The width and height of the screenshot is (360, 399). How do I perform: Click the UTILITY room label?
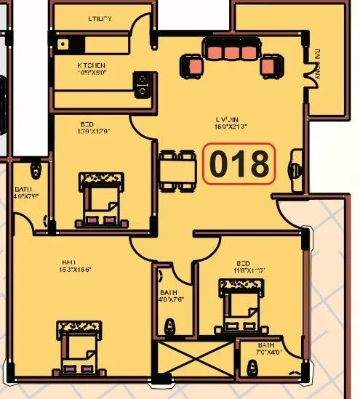pos(99,19)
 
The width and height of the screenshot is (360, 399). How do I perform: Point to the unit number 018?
pos(239,164)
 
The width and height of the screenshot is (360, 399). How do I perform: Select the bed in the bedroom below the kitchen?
pos(100,198)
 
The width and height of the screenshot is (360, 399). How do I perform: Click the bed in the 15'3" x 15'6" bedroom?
pos(79,347)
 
